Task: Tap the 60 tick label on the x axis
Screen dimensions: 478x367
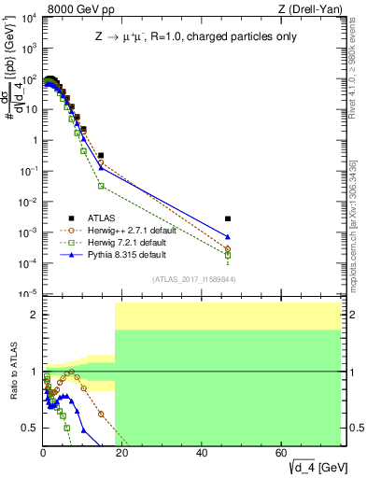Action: click(x=282, y=454)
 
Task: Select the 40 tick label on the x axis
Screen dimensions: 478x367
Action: click(x=203, y=454)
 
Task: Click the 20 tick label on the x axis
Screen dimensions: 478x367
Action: click(x=122, y=454)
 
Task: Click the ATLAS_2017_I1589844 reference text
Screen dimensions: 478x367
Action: click(x=193, y=278)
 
